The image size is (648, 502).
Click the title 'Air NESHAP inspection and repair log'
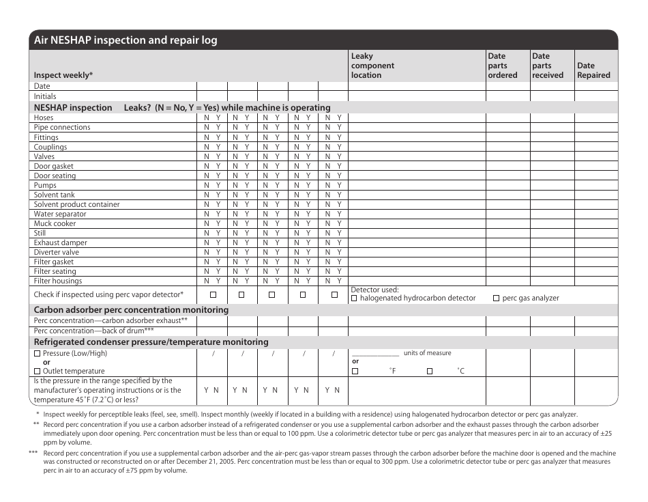(x=126, y=40)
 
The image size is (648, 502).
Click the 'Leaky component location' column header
(x=372, y=66)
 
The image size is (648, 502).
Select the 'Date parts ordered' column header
(x=503, y=66)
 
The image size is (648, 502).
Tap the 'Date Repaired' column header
(x=593, y=70)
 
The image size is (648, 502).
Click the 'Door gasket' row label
(x=54, y=166)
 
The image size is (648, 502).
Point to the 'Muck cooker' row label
(x=55, y=223)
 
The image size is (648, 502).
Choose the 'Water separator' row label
(x=60, y=214)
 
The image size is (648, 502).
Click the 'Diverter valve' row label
(x=57, y=252)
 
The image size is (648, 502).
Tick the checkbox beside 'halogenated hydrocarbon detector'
(x=354, y=298)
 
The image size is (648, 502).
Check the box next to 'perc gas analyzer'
(x=496, y=298)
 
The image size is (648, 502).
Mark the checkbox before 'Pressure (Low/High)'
(x=38, y=354)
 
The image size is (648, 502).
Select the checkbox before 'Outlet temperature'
(x=38, y=371)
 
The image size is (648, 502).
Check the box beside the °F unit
(x=355, y=371)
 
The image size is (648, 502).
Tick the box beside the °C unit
(x=430, y=371)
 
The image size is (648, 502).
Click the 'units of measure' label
(x=427, y=353)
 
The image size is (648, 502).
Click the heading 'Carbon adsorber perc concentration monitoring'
(x=132, y=310)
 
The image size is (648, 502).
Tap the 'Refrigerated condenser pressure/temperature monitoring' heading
(x=151, y=342)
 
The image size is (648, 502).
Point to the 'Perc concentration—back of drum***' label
(x=94, y=331)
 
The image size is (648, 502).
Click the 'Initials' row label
(x=45, y=96)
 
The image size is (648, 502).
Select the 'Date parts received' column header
(x=548, y=66)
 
